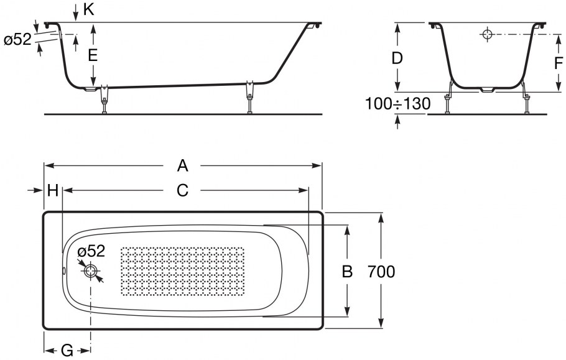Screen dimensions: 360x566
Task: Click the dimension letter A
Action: (182, 165)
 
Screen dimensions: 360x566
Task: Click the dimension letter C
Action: (182, 191)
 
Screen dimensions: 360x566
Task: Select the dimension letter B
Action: (348, 272)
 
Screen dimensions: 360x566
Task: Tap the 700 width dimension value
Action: (381, 272)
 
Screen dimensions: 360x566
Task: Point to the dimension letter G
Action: (67, 351)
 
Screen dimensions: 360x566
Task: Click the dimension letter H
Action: (53, 191)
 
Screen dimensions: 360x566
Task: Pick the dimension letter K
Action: (88, 9)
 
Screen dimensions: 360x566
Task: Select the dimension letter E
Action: (93, 55)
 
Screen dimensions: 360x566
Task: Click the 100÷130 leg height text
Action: (397, 104)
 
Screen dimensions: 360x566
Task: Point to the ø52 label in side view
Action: (17, 40)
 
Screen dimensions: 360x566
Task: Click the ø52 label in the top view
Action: (92, 251)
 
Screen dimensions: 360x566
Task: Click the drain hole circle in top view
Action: (91, 272)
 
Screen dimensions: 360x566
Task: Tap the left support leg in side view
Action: (104, 99)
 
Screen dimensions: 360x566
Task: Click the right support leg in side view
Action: (250, 97)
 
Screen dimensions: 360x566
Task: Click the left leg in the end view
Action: (448, 103)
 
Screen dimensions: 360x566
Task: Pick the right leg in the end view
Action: (527, 103)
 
